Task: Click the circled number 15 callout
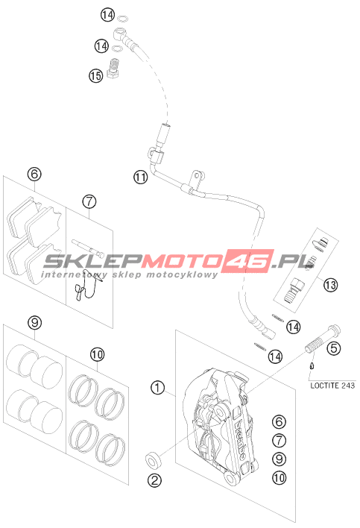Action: click(95, 76)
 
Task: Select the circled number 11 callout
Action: click(141, 177)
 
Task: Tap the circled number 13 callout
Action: click(330, 285)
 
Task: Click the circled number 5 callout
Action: click(334, 348)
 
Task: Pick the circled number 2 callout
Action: click(155, 480)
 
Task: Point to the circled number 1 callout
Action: click(157, 388)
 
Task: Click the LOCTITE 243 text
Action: click(332, 386)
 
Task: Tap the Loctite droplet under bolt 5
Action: click(312, 365)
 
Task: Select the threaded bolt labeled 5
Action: click(322, 339)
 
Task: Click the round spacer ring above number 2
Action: click(153, 460)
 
